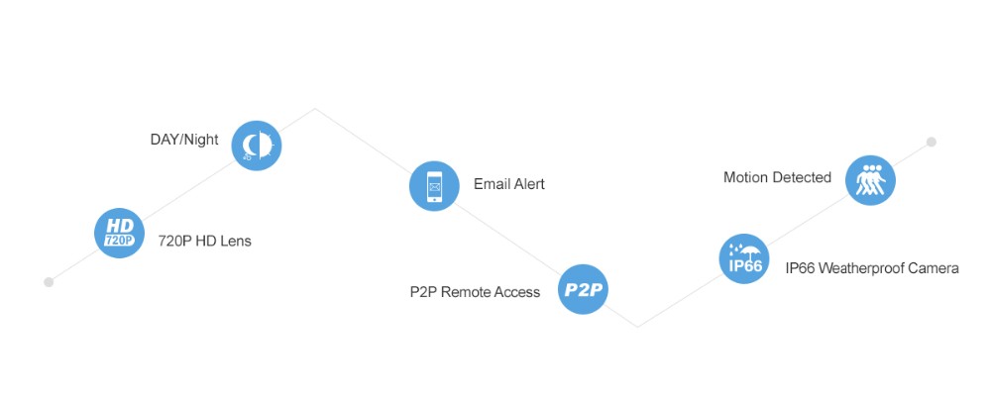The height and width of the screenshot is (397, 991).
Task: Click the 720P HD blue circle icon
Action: click(119, 234)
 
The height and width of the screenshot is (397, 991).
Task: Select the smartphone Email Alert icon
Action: click(434, 186)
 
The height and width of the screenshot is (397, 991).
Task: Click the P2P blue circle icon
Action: click(583, 290)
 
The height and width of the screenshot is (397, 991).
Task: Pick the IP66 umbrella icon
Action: click(743, 258)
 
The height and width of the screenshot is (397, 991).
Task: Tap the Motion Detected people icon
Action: click(870, 180)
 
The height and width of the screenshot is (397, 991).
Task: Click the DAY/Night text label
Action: click(184, 140)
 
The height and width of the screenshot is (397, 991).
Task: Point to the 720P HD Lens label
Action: click(204, 241)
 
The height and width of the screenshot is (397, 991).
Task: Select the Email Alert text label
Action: click(508, 184)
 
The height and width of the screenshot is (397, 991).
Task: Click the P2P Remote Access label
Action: click(475, 292)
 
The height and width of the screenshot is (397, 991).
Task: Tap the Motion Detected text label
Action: click(777, 178)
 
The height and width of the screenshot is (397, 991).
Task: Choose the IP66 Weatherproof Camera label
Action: click(871, 268)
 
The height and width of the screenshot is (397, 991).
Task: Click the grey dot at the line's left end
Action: click(49, 282)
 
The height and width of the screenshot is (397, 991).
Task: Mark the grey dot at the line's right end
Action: click(932, 142)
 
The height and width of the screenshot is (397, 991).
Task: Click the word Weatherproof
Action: click(862, 268)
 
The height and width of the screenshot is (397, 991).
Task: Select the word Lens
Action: click(235, 241)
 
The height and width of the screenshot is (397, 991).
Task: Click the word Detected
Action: click(803, 178)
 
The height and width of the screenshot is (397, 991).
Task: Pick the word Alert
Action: click(528, 184)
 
